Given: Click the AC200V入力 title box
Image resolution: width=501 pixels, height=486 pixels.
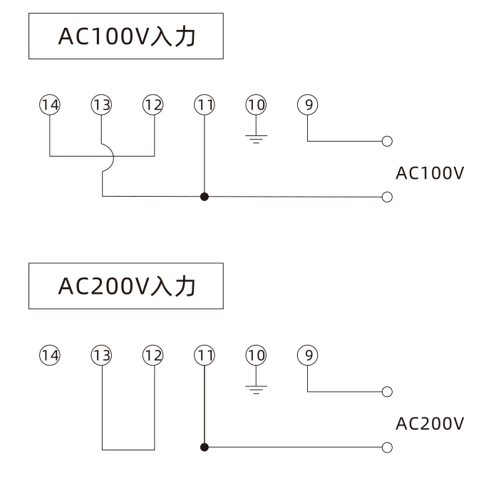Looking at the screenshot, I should [x=125, y=286].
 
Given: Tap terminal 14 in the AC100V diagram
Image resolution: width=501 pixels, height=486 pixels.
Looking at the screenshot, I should [x=50, y=105].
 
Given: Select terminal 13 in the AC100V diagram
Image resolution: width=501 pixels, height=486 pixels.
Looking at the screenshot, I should [x=102, y=105].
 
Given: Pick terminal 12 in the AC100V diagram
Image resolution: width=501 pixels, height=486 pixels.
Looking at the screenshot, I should [x=153, y=105].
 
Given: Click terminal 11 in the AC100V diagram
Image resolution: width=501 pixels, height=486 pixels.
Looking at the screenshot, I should [x=205, y=105].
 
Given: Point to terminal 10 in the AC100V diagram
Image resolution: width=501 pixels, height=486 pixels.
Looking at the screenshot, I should [x=256, y=105].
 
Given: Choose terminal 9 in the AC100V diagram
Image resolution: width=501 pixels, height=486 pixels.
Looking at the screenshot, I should [x=308, y=105].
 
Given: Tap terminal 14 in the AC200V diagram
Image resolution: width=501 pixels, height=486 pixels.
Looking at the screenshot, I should [x=50, y=354].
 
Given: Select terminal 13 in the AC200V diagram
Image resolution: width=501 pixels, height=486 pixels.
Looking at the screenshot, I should [x=102, y=354].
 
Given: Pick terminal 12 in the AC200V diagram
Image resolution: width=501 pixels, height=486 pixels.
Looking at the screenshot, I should [x=153, y=354].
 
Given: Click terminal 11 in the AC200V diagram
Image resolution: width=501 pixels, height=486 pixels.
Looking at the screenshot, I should [x=205, y=354].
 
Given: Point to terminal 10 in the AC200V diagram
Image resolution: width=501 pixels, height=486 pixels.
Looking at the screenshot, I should [x=256, y=354].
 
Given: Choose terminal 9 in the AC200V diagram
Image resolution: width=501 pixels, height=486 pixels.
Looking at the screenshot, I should [x=308, y=354].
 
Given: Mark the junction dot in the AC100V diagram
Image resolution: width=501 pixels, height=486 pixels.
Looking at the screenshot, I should [x=205, y=196].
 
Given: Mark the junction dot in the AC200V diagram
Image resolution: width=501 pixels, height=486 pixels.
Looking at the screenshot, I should [x=205, y=448].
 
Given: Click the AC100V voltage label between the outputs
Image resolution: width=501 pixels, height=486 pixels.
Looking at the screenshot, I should [x=430, y=173].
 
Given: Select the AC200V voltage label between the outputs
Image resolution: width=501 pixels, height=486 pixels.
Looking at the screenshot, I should [x=430, y=423].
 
